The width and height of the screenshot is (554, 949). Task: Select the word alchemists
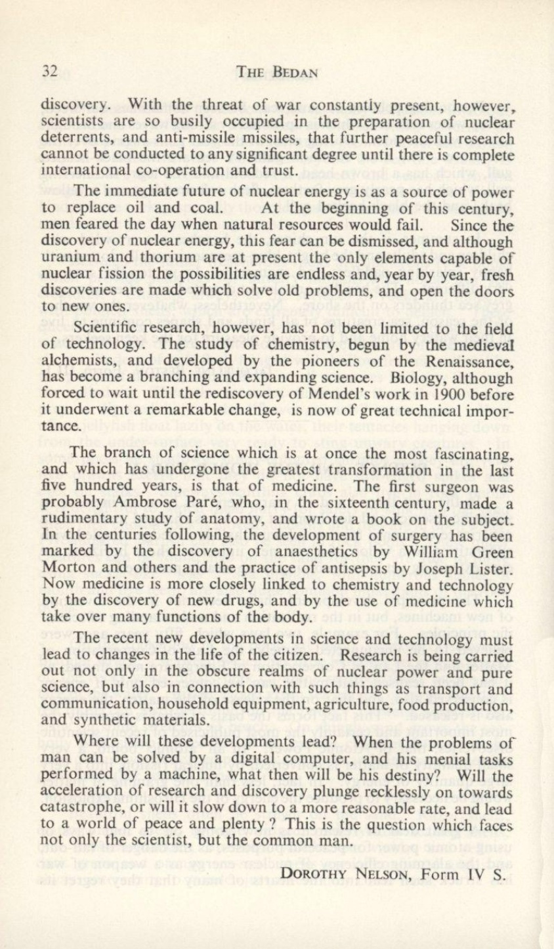click(x=71, y=360)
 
